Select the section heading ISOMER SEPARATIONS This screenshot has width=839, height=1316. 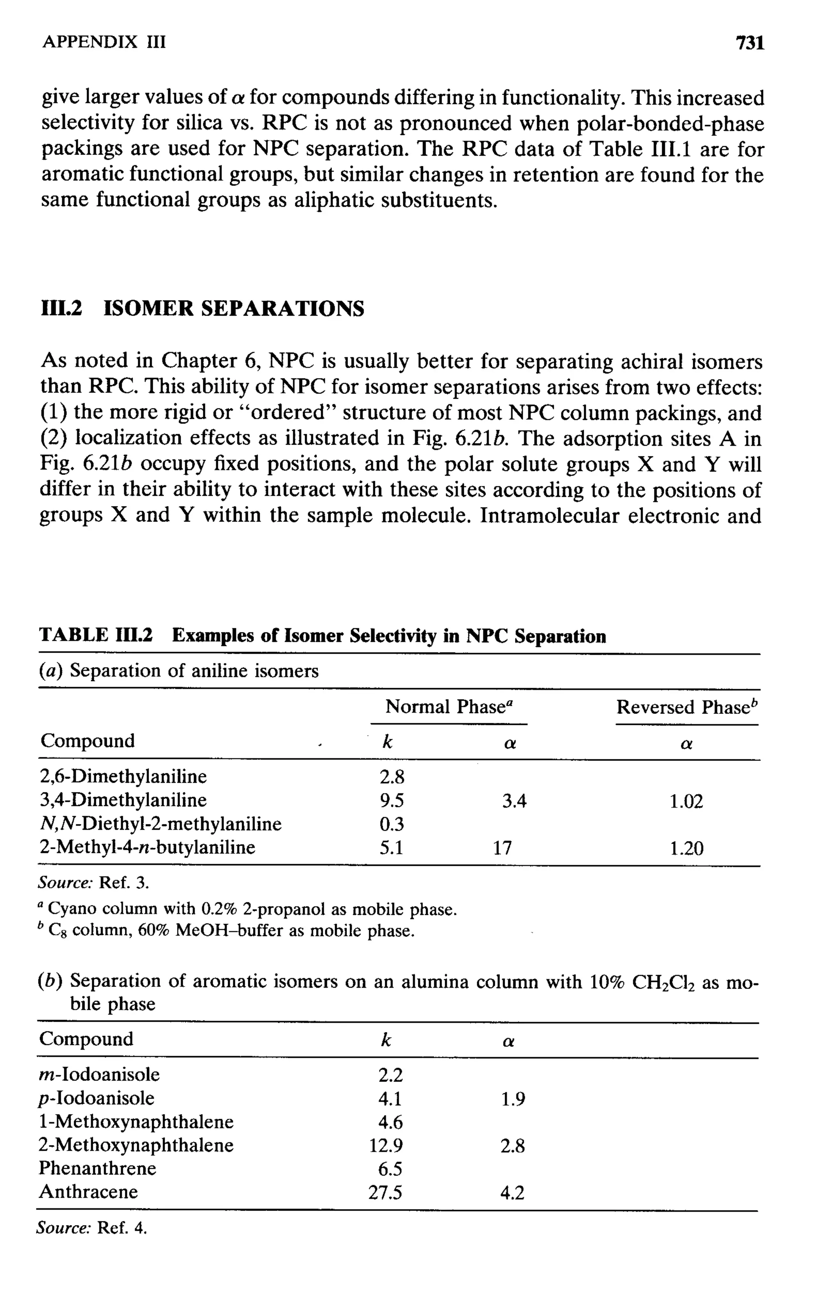coord(234,309)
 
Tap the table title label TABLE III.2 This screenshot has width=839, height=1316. coord(96,636)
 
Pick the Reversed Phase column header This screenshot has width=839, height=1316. coord(687,707)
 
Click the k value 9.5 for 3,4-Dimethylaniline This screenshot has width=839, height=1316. coord(392,801)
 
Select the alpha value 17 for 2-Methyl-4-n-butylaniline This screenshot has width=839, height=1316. coord(502,848)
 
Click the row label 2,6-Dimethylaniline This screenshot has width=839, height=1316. coord(124,776)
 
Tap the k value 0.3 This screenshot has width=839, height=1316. coord(392,824)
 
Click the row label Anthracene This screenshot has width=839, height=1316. coord(88,1191)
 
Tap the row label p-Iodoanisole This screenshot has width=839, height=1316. coord(96,1098)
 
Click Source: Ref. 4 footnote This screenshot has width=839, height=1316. coord(92,1228)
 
